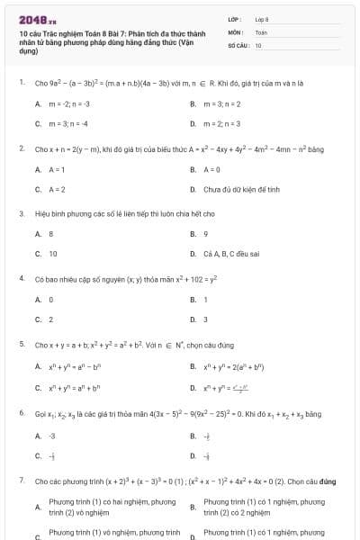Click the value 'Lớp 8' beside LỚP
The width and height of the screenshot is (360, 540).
[262, 18]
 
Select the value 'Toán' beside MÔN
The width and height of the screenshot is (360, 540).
[261, 31]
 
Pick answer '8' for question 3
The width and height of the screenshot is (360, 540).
[50, 234]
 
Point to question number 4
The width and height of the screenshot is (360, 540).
[21, 279]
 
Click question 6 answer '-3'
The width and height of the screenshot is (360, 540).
[52, 436]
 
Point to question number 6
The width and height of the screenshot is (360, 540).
[21, 413]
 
